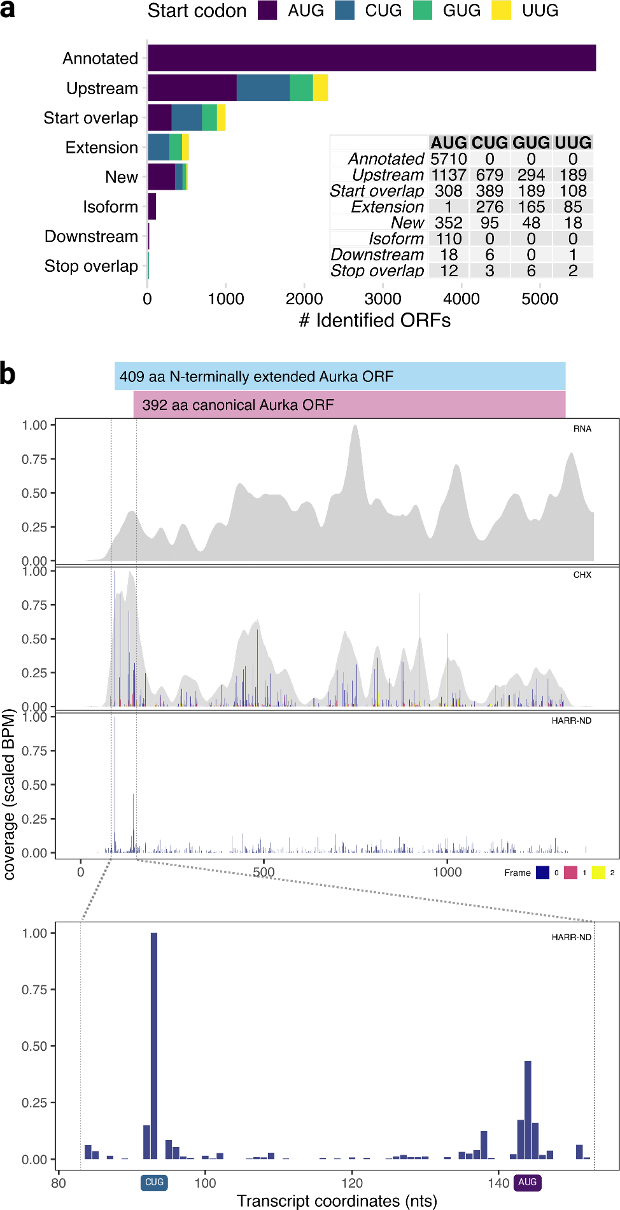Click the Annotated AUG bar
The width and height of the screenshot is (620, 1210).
click(x=372, y=58)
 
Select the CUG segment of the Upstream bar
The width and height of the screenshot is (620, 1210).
click(x=263, y=88)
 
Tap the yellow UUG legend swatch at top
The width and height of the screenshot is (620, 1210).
click(x=502, y=11)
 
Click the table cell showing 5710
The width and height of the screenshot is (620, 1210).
click(x=448, y=159)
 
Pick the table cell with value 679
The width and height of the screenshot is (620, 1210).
click(x=490, y=175)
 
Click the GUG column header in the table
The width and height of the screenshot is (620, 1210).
click(x=531, y=143)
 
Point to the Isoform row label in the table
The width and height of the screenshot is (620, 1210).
click(x=396, y=239)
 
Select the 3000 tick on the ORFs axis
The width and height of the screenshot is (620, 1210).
click(x=383, y=299)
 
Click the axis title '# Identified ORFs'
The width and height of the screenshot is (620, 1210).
click(x=375, y=320)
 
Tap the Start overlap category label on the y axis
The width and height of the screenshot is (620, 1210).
click(x=90, y=118)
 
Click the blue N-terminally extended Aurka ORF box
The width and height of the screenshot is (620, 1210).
click(x=339, y=376)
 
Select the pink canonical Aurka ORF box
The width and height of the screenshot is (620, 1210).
click(x=349, y=405)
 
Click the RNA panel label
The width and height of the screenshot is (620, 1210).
click(x=582, y=429)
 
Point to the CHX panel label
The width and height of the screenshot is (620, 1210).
click(x=582, y=575)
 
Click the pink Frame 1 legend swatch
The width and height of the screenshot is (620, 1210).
click(x=570, y=873)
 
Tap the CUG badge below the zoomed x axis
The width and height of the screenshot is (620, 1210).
click(x=154, y=1182)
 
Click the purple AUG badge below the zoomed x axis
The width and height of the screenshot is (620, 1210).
click(x=527, y=1182)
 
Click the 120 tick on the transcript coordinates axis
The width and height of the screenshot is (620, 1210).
click(x=351, y=1183)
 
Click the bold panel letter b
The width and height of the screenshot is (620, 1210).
click(x=8, y=374)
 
